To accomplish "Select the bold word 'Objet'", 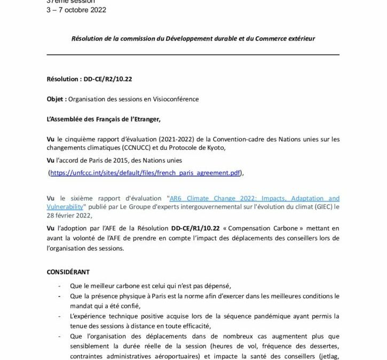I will (x=56, y=99).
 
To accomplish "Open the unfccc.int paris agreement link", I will (x=145, y=173).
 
